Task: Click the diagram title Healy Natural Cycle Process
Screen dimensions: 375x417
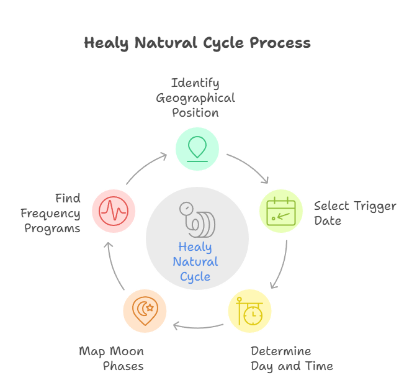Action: click(x=197, y=43)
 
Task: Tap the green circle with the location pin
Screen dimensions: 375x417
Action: click(x=197, y=148)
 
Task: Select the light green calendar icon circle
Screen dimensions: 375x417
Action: click(x=280, y=211)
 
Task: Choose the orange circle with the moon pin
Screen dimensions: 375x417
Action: click(x=145, y=310)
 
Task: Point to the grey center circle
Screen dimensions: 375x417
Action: click(x=197, y=239)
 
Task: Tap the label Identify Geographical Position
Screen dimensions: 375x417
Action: click(x=195, y=97)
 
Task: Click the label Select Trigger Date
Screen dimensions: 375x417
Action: click(x=354, y=213)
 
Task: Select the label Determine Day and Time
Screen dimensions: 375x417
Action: click(x=292, y=359)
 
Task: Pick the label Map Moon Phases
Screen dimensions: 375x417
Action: click(x=112, y=359)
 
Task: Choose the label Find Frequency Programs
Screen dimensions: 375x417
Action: click(x=51, y=213)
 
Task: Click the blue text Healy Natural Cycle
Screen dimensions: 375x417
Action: click(x=195, y=262)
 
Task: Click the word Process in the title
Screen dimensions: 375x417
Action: click(x=280, y=43)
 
